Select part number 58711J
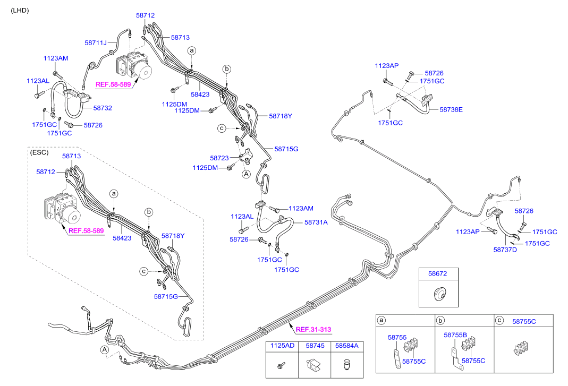click(x=96, y=42)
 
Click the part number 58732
click(x=103, y=108)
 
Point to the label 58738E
click(x=451, y=110)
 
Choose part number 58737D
click(x=505, y=249)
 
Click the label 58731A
click(x=316, y=222)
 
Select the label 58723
click(x=219, y=158)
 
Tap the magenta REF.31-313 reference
click(x=313, y=329)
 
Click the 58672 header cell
click(x=438, y=274)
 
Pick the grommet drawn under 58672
click(x=438, y=294)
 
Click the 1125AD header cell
click(x=282, y=346)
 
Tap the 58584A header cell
click(x=346, y=346)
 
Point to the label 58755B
click(x=455, y=335)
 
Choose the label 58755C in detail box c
click(x=524, y=321)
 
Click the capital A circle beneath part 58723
click(x=247, y=174)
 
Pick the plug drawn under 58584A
click(x=346, y=364)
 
